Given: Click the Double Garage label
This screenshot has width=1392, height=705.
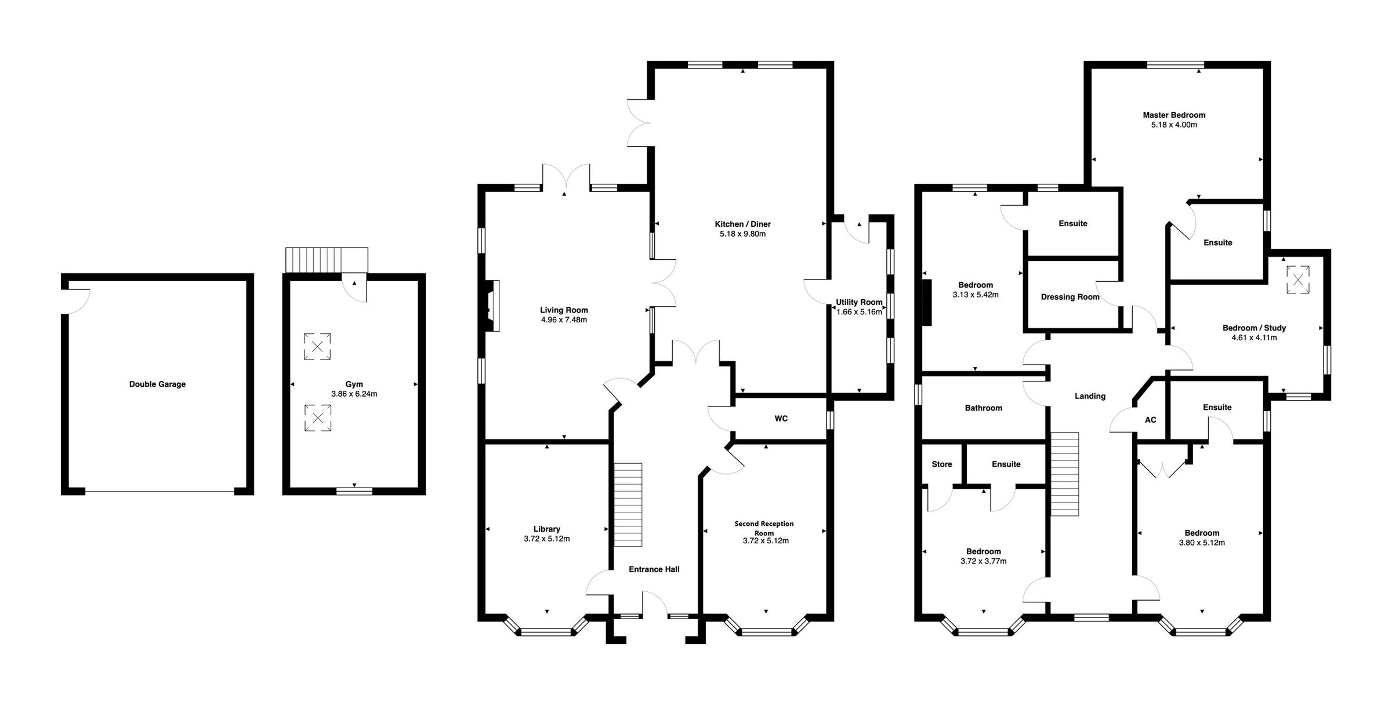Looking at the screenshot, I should [157, 384].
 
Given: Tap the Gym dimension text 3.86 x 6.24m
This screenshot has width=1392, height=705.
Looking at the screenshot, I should [354, 394].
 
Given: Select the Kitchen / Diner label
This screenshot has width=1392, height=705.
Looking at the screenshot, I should [742, 224].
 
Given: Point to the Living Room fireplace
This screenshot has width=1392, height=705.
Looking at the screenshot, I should [492, 306].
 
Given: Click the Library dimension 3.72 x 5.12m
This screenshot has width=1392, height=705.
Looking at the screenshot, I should [546, 539].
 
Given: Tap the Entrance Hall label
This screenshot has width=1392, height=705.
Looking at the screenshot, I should [654, 569].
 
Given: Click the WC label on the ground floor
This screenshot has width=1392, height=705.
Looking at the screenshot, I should [781, 419].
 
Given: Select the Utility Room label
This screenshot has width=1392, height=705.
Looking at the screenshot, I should [858, 302].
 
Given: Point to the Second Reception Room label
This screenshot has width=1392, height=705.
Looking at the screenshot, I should [764, 528].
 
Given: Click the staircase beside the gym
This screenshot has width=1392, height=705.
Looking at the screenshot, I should [327, 260].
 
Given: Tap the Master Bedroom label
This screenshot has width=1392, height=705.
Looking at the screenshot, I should [1174, 115].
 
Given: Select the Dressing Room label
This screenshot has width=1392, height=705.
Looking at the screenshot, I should [1070, 297].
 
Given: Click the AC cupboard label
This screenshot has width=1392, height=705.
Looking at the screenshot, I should [1150, 420].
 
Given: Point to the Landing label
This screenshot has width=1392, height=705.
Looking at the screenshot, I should [1090, 397].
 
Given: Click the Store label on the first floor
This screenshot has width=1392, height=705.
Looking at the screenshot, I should [942, 464].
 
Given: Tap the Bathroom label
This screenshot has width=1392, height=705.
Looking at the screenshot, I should [983, 408].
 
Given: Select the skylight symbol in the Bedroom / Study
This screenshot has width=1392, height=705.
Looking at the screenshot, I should [1298, 280].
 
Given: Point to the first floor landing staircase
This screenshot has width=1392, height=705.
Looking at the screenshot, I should [1065, 474].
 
